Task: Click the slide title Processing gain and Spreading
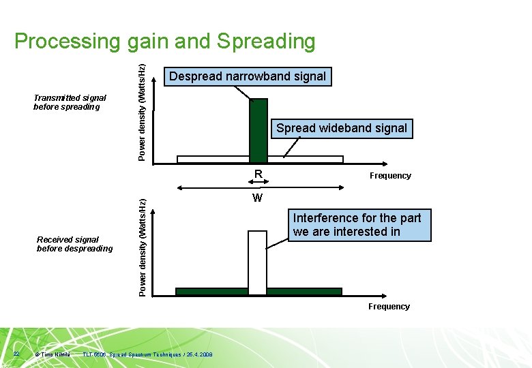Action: (164, 41)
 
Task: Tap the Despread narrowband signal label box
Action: (248, 76)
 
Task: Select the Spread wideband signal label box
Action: (342, 128)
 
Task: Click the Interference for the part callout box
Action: (357, 225)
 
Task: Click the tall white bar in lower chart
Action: (257, 262)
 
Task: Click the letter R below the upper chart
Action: (258, 174)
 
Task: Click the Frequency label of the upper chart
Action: (390, 176)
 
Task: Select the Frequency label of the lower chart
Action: (389, 307)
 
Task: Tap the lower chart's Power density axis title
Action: (141, 247)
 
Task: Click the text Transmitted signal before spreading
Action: (70, 102)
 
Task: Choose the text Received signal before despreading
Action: (74, 244)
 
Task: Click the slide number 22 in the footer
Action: (16, 354)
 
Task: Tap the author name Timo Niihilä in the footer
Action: (55, 354)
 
